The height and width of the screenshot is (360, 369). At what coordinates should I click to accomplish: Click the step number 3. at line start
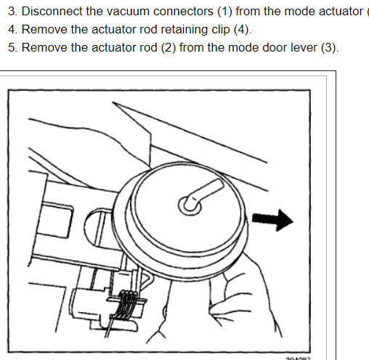11,12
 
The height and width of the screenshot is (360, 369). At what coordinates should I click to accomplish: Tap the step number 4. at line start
11,30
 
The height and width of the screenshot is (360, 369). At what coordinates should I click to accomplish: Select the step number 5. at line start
11,48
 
